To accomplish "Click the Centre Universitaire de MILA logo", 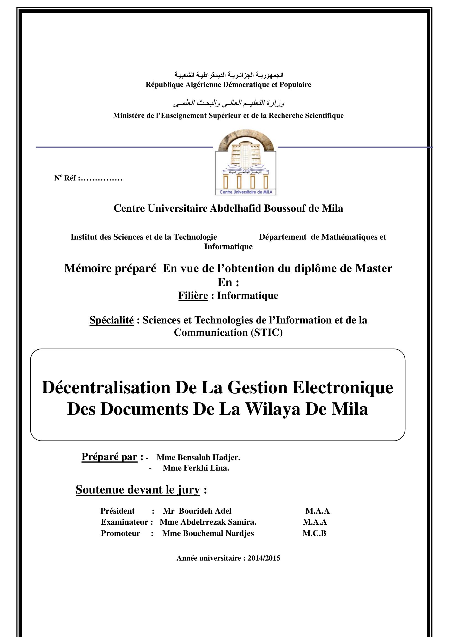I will (x=246, y=163).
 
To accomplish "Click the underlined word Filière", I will (x=193, y=296).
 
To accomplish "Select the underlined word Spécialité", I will (x=111, y=320).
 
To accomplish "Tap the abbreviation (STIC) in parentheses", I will (x=266, y=333).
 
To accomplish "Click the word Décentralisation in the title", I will (x=106, y=387).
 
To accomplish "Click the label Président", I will (x=117, y=511).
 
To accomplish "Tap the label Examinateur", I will (x=124, y=522).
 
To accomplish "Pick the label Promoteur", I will (x=120, y=533).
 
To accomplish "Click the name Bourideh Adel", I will (x=205, y=511).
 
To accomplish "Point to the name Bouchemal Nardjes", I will (x=218, y=533).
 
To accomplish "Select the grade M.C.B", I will (x=314, y=533).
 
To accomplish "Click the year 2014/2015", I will (x=264, y=558).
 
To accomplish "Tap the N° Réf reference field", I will (x=88, y=178).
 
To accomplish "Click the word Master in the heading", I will (x=374, y=269).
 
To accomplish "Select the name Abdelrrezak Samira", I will (x=218, y=522).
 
